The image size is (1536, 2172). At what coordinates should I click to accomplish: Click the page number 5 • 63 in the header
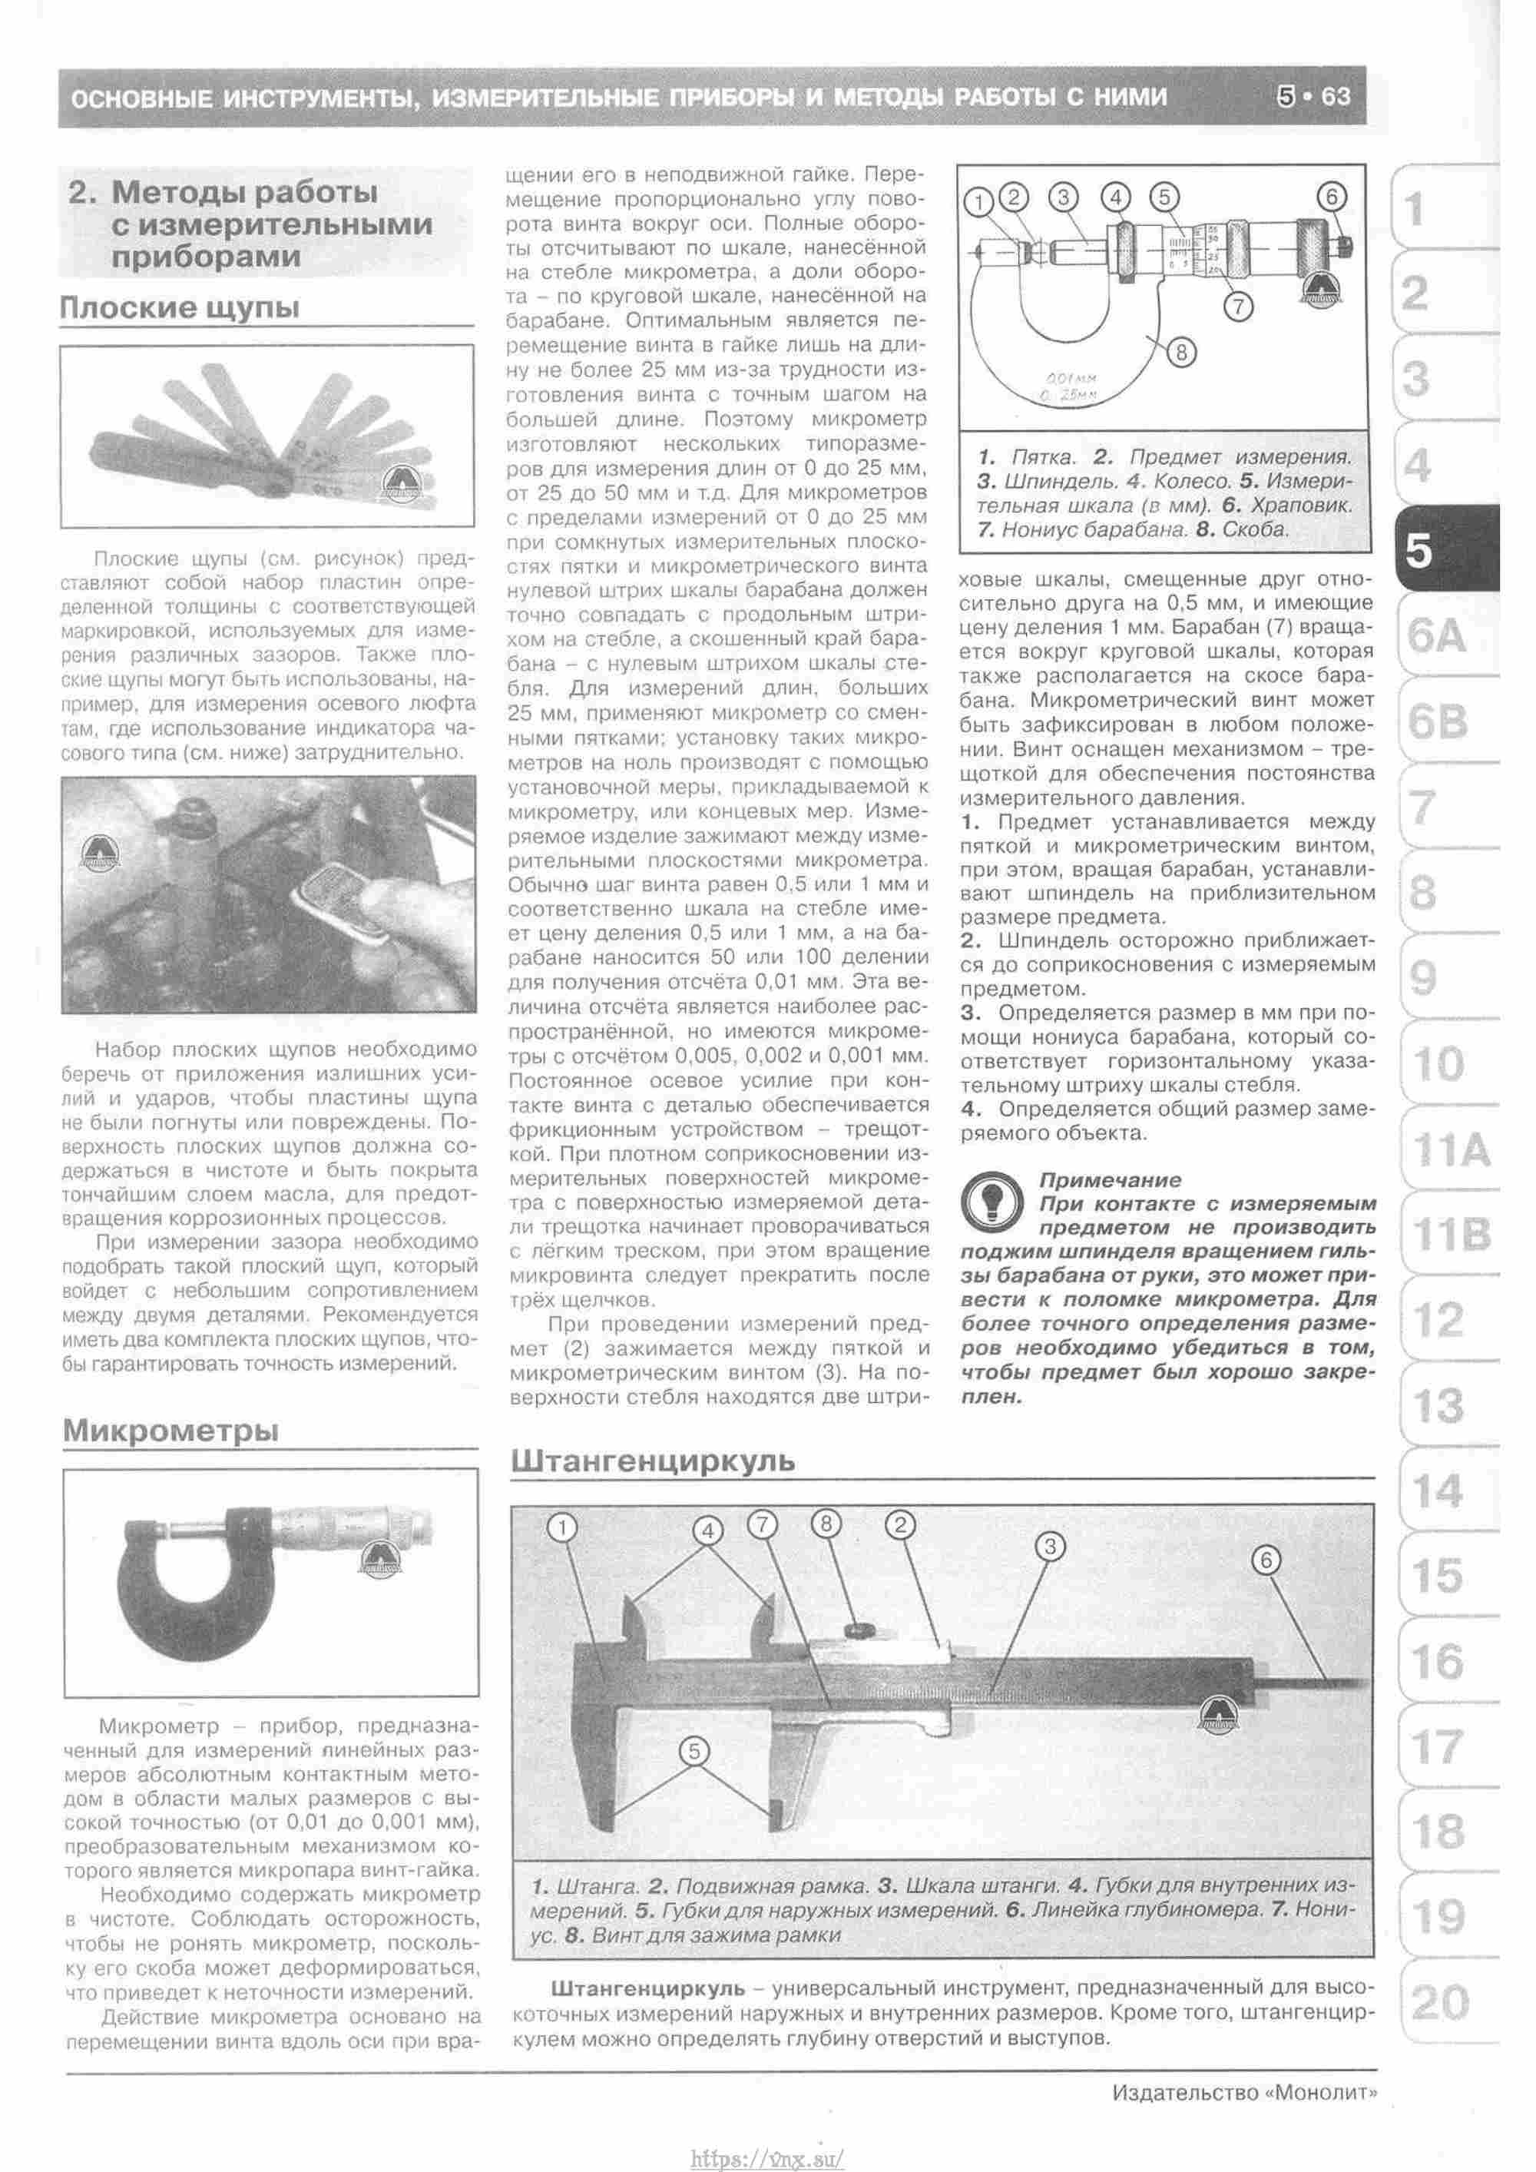click(x=1313, y=97)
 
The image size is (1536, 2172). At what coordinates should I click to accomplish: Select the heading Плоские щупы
click(x=180, y=307)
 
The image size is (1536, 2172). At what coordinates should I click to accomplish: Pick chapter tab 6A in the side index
click(x=1437, y=638)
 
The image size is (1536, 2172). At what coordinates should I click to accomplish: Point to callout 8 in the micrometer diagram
click(x=1182, y=352)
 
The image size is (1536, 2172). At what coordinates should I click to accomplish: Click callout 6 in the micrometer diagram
click(x=1331, y=197)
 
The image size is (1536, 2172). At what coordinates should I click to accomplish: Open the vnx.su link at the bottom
click(x=767, y=2158)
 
